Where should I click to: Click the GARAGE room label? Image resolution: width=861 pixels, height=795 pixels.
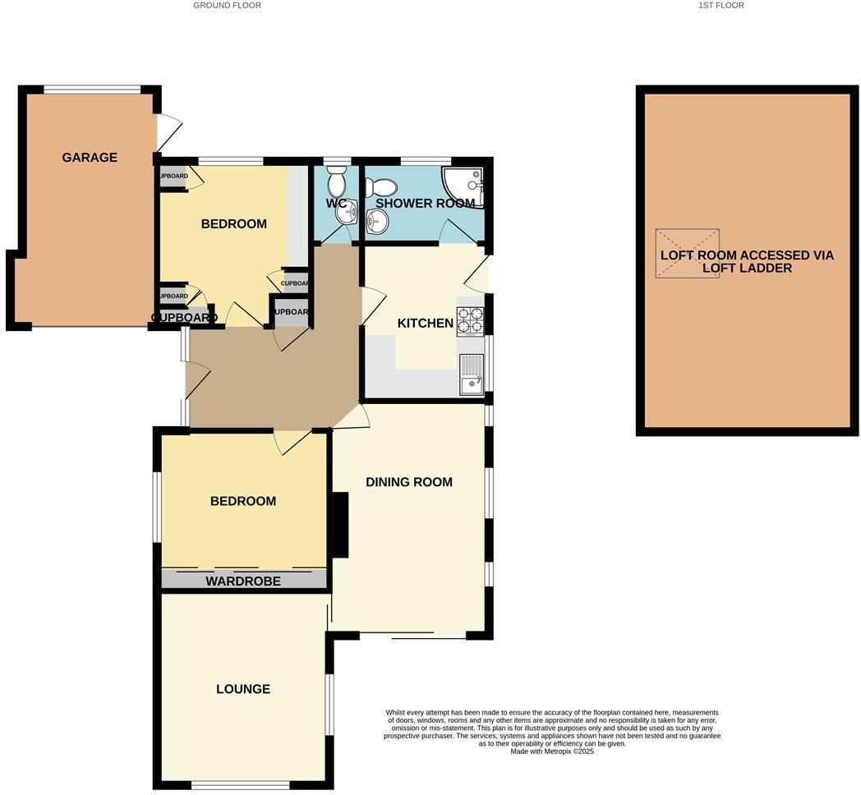coord(90,158)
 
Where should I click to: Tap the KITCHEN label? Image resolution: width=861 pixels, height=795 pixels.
coord(425,324)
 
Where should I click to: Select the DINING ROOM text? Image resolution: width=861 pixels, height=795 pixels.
coord(408,482)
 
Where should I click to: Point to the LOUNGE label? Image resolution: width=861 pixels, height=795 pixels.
coord(243,689)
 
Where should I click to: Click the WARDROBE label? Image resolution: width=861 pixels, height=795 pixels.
coord(242,581)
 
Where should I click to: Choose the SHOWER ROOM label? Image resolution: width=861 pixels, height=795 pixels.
coord(425,203)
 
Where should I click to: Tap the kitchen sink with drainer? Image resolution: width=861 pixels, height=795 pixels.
coord(471,374)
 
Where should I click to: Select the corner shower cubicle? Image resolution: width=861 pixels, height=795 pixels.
coord(465,186)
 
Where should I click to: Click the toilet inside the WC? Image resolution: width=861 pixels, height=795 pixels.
coord(337,180)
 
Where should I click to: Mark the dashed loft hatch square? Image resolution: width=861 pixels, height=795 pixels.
coord(687,253)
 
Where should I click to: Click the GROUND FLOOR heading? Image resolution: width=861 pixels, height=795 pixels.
coord(227,6)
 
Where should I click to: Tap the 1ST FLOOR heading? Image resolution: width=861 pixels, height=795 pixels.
coord(721,6)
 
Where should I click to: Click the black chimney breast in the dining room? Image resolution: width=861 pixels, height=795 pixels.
coord(338,526)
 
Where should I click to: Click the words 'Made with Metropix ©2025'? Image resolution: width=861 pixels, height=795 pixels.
coord(551,751)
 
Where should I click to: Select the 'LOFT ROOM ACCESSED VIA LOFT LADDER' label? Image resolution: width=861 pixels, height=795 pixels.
coord(747,261)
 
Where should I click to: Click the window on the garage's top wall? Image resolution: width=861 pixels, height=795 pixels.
coord(92,90)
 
